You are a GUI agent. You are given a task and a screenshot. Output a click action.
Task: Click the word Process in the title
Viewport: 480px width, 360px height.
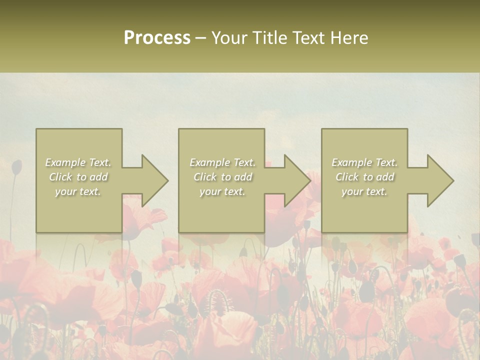pos(157,38)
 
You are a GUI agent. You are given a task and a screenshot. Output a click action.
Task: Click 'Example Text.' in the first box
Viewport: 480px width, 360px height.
pos(78,162)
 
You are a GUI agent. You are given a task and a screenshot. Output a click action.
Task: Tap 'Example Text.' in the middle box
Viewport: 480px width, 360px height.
pos(222,162)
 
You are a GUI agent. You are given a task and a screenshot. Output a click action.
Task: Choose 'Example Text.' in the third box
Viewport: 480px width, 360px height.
pos(364,162)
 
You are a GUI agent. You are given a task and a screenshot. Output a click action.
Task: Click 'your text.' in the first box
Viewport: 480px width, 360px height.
pos(78,191)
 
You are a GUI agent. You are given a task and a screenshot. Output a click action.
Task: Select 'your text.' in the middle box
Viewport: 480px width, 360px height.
pos(222,191)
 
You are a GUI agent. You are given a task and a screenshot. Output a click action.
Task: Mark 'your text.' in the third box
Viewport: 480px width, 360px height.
pos(364,191)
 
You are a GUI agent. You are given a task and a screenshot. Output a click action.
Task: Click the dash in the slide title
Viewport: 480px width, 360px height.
pos(200,38)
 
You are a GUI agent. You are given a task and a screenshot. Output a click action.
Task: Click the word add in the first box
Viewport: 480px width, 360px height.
pos(98,177)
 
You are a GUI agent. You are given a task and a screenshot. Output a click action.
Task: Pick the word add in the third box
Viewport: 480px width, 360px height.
pos(385,177)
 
